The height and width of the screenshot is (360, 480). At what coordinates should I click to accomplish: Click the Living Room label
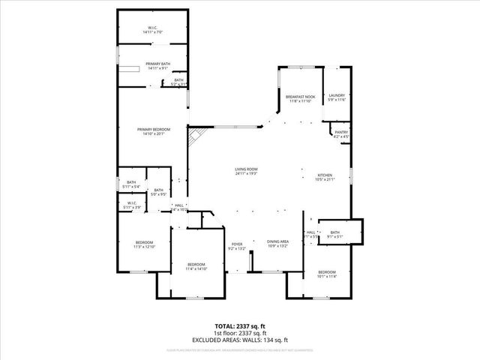point(246,172)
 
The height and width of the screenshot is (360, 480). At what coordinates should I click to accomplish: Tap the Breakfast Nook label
point(299,97)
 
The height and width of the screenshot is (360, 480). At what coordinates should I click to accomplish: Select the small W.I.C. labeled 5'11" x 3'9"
point(131,205)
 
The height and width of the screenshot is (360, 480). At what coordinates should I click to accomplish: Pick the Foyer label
point(236,244)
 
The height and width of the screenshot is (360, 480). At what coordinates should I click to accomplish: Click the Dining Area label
point(277,244)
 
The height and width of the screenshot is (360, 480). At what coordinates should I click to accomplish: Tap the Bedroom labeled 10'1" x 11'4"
point(326,274)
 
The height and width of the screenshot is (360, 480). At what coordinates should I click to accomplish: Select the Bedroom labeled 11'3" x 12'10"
point(144,244)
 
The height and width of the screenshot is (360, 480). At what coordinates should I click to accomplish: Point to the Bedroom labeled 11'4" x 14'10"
point(196,266)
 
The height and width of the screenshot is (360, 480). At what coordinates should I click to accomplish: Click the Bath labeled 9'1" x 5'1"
point(334,234)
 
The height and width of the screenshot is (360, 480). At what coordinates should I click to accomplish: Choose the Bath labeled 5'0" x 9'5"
point(158,191)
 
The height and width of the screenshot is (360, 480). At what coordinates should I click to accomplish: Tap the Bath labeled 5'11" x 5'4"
point(131,184)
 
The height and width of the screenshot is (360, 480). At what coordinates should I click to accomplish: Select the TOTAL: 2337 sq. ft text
point(240,326)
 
